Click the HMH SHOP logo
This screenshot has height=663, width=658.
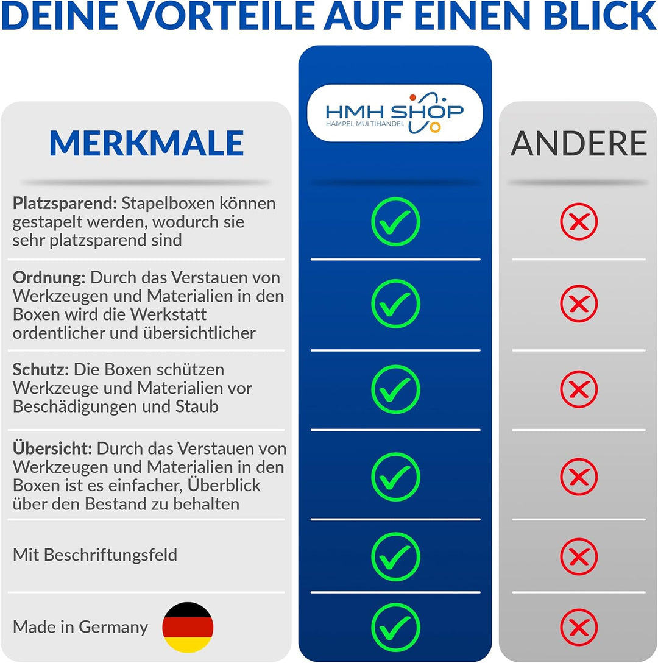tap(395, 112)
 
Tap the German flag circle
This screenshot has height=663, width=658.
tap(188, 627)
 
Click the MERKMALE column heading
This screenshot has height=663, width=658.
tap(146, 143)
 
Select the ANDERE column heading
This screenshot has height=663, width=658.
tap(578, 143)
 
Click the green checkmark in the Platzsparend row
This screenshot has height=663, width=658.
tap(395, 221)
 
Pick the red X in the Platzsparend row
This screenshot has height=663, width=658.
tap(579, 221)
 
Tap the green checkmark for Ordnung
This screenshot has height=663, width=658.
tap(395, 303)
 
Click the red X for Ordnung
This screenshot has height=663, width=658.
tap(579, 303)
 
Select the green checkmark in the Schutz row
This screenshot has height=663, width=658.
tap(395, 389)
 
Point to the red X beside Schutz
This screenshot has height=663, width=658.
tap(579, 389)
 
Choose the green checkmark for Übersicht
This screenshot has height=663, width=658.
tap(395, 477)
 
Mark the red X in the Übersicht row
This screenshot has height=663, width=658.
tap(579, 477)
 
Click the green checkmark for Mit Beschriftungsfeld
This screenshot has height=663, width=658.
tap(395, 556)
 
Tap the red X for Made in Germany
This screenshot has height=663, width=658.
tap(579, 627)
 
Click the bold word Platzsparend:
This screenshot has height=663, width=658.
tap(65, 204)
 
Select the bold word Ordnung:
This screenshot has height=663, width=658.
tap(49, 278)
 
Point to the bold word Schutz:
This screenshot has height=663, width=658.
tap(40, 370)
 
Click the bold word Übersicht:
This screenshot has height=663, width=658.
tap(52, 449)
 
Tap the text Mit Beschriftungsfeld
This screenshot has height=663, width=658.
tap(95, 555)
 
